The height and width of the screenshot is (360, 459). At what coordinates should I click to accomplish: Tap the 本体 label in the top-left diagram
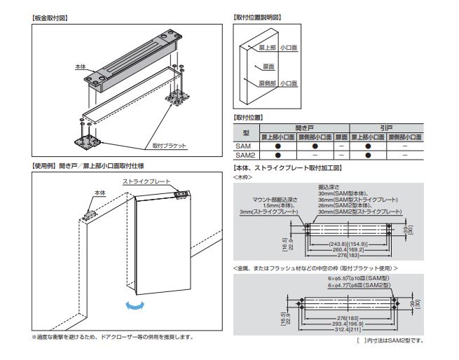point(80,67)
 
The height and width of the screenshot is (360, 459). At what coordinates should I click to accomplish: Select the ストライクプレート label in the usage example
point(147,181)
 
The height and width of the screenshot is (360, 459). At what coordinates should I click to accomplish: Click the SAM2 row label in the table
point(243,154)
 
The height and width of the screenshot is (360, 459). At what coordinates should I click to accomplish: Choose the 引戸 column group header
point(386,128)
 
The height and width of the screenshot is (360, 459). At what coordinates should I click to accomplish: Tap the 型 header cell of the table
point(245,132)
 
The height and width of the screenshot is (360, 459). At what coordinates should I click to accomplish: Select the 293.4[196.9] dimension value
point(348,324)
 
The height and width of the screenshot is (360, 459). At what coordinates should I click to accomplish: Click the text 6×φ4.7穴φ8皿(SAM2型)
point(362,286)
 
